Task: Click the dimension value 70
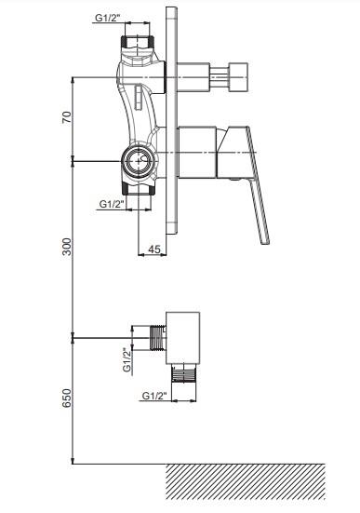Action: (67, 117)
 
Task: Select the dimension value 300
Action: (67, 247)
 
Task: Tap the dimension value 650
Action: (67, 398)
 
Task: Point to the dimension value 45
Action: (154, 250)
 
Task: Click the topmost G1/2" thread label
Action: (108, 18)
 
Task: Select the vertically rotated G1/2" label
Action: (127, 359)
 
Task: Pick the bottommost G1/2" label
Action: (155, 396)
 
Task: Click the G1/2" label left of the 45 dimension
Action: (113, 204)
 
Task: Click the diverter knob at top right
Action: (238, 77)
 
